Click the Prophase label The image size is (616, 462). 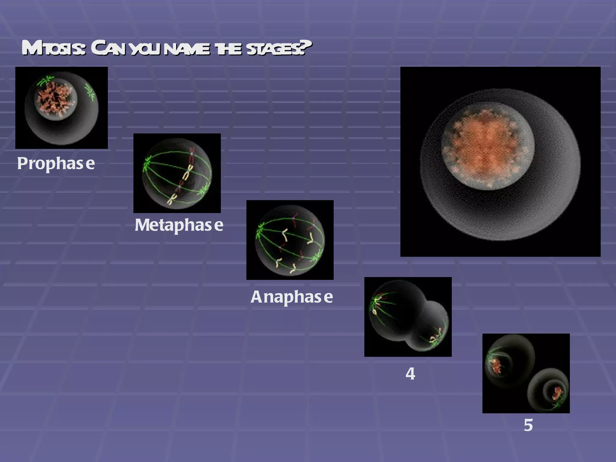pos(56,163)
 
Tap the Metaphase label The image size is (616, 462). pos(179,225)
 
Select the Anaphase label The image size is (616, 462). pos(291,297)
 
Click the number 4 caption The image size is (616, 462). pos(410,374)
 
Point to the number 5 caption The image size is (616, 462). pos(528,425)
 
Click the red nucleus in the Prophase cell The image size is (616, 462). pos(56,99)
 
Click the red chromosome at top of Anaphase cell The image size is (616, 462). pos(294,220)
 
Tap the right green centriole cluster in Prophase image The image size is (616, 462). pos(90,92)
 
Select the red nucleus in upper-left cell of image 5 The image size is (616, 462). pos(495,366)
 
